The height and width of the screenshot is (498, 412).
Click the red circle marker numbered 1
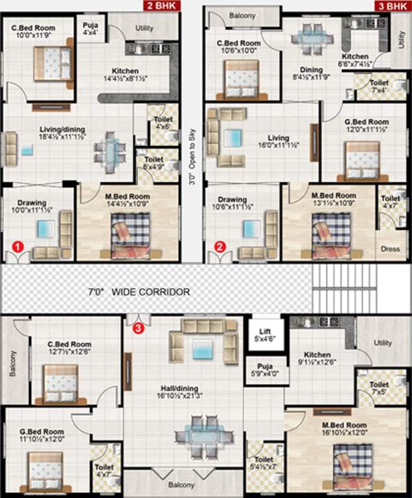point(19,246)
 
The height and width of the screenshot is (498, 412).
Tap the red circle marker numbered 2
point(220,246)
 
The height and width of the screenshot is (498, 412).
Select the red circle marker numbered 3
point(138,329)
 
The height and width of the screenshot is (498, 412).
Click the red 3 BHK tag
point(392,6)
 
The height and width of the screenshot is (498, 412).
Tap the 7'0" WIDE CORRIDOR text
point(141,292)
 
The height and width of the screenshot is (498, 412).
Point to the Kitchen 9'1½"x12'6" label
point(317,359)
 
